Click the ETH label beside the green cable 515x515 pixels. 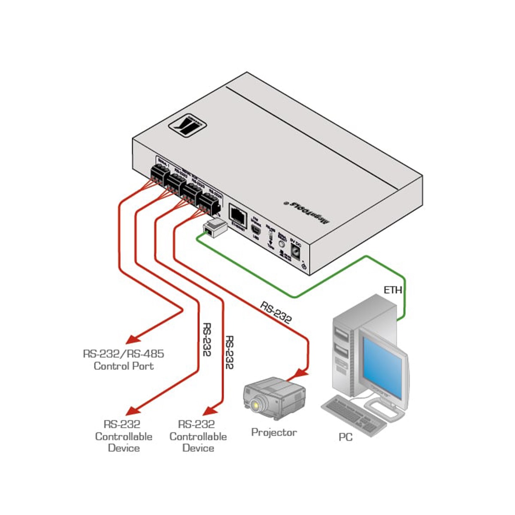point(393,290)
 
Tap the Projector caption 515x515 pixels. point(274,432)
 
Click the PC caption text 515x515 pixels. point(345,437)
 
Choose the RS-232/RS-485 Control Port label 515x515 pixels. point(124,360)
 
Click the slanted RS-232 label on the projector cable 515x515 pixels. point(276,312)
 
